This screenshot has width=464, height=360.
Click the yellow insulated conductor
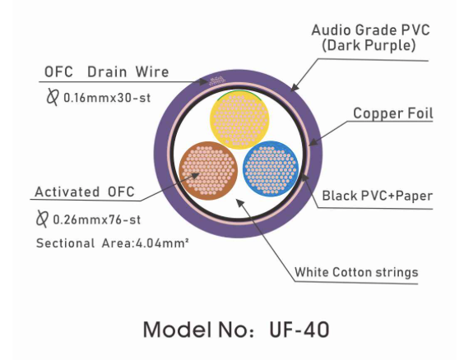[x=239, y=119]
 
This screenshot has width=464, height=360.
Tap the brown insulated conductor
[x=208, y=170]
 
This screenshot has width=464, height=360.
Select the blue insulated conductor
[x=271, y=168]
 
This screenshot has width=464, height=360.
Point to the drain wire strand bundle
[x=217, y=81]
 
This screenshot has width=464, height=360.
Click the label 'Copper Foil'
[x=393, y=113]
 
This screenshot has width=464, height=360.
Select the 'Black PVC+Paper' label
[x=378, y=196]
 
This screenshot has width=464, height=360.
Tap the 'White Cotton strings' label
[x=356, y=272]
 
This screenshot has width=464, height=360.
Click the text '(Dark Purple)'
[x=369, y=45]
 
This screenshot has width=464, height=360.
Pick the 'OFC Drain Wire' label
[x=106, y=72]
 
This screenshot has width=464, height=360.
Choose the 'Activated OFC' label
[x=85, y=192]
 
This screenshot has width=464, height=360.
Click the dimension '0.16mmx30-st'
[x=107, y=98]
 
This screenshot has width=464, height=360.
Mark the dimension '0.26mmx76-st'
[x=97, y=219]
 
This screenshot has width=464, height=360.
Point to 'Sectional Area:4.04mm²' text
[x=112, y=243]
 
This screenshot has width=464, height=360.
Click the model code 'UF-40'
[x=299, y=330]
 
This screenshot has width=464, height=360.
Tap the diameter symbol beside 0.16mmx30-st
[x=53, y=97]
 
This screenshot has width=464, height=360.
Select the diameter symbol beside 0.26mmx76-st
[x=42, y=219]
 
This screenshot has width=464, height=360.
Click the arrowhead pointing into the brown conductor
[x=194, y=176]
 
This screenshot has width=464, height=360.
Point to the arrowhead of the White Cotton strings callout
[x=239, y=203]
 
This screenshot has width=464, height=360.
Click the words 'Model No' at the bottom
[x=195, y=330]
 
